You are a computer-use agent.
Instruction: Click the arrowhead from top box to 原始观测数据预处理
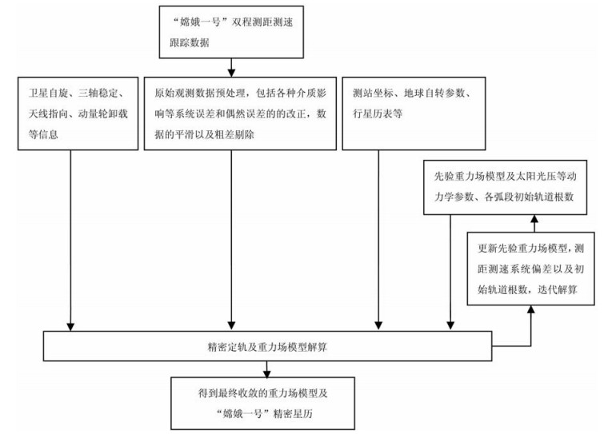point(231,73)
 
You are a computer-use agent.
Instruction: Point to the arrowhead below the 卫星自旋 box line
point(70,327)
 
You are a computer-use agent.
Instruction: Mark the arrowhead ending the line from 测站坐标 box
point(378,326)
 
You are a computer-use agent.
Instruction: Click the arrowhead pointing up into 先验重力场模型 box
point(534,218)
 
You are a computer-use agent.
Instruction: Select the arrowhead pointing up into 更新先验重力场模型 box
point(531,309)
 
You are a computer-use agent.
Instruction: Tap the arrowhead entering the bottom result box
point(267,373)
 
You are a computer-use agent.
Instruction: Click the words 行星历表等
point(378,113)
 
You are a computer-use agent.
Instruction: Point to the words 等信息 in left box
point(43,134)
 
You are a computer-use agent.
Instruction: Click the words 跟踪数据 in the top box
point(190,42)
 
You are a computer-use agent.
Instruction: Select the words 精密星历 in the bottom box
point(293,414)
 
